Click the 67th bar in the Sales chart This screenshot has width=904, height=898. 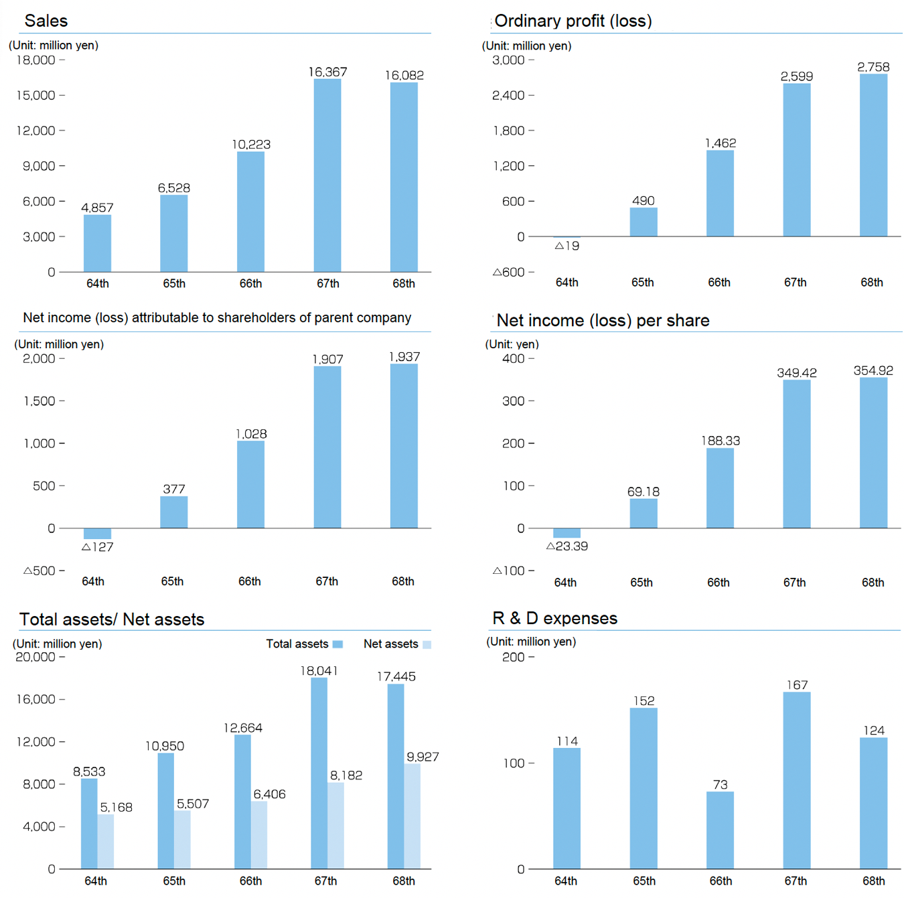(x=327, y=175)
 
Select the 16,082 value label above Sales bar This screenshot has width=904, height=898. (x=404, y=76)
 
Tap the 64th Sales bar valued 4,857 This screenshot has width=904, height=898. (x=98, y=243)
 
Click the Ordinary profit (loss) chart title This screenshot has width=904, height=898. (x=573, y=21)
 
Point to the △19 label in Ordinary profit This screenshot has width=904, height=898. (x=567, y=246)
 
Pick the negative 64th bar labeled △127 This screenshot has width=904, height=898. (x=98, y=534)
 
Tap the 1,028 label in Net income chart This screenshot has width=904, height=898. (x=251, y=434)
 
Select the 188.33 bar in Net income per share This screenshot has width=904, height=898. (x=720, y=488)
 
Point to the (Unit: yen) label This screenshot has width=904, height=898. (x=512, y=344)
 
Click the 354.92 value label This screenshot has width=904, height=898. (x=873, y=371)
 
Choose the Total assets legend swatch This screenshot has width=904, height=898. (x=337, y=644)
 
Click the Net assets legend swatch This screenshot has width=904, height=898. (x=427, y=645)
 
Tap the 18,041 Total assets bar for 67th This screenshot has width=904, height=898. (x=319, y=773)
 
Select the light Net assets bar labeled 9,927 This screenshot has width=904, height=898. (x=412, y=816)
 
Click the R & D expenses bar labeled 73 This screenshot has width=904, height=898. (x=720, y=830)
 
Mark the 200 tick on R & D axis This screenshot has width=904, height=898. (x=514, y=657)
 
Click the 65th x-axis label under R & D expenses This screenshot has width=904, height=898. (x=644, y=881)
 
